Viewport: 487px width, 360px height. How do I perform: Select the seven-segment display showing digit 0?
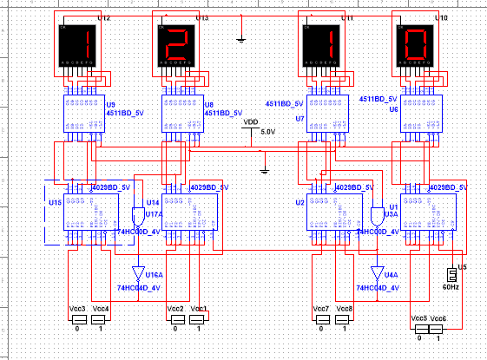[413, 45]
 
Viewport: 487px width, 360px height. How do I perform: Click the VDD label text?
[251, 122]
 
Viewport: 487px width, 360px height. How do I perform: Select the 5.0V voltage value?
[267, 132]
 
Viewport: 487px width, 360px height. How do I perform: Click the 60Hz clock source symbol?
[450, 272]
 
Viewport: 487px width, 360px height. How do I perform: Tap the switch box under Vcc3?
[77, 320]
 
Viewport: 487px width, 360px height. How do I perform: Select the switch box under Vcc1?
[200, 320]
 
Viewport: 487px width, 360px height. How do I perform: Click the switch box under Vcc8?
[345, 320]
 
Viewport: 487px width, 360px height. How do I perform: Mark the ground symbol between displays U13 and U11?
[242, 38]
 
